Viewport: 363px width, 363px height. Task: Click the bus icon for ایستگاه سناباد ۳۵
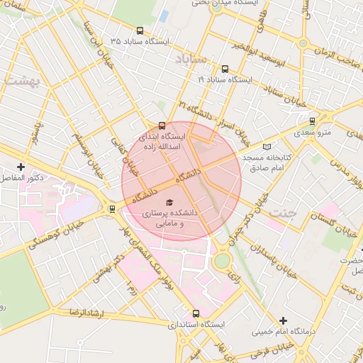pos(139,31)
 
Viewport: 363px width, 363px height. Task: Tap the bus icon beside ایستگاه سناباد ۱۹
pos(225,69)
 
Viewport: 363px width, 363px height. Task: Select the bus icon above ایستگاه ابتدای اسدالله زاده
pos(162,125)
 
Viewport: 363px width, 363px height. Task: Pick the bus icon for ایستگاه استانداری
pos(196,313)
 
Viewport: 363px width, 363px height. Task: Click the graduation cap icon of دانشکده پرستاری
pos(169,202)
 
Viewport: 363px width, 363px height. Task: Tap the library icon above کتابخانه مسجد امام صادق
pos(267,147)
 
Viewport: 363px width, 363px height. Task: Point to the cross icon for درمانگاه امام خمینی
pos(284,321)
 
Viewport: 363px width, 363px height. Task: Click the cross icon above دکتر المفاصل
pos(21,167)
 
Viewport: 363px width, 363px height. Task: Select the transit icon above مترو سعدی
pos(310,121)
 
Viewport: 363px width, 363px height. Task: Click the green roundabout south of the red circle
pos(222,260)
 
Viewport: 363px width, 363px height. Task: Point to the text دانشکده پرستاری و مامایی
pos(171,218)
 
